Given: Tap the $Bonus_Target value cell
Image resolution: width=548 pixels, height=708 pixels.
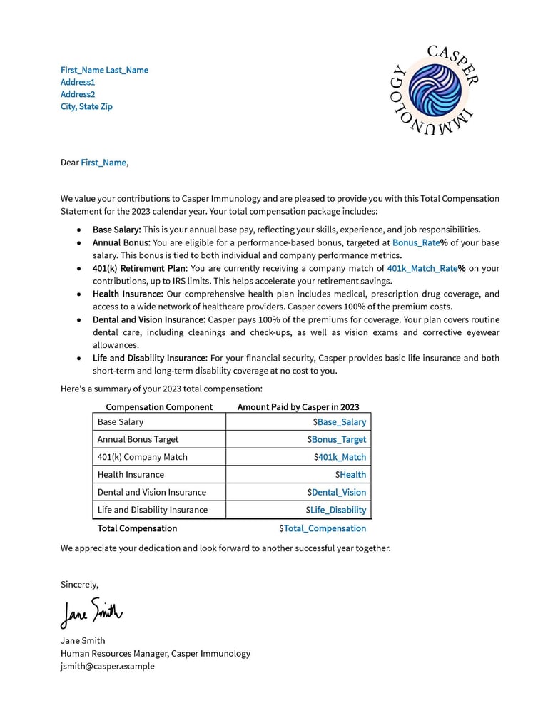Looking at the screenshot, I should [337, 440].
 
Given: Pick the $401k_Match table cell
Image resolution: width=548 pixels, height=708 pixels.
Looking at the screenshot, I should [340, 457].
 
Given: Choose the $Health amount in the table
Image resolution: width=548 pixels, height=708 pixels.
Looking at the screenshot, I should [350, 475].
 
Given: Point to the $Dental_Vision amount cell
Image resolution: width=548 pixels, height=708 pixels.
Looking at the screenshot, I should [337, 493].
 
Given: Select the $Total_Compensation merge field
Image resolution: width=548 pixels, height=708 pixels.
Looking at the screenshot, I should [323, 529].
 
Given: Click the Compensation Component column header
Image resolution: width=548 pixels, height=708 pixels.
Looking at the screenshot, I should [159, 407].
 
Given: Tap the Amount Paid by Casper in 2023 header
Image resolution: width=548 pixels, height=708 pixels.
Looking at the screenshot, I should [298, 407].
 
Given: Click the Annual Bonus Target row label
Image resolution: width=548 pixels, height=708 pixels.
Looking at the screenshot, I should [138, 440].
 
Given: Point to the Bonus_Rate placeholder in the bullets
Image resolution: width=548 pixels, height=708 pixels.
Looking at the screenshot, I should [416, 243].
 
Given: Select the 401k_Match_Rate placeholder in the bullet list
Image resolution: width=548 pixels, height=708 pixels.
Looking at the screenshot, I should [422, 269].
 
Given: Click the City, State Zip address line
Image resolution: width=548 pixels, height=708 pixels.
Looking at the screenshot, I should [86, 107].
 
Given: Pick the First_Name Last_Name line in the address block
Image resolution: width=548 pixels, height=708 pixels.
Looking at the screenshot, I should [104, 70].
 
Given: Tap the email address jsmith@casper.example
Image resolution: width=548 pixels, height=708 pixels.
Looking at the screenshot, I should [107, 667].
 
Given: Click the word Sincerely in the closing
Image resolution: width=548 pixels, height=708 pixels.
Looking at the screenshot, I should [79, 585].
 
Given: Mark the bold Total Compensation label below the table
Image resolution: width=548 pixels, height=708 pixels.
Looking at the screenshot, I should [137, 529].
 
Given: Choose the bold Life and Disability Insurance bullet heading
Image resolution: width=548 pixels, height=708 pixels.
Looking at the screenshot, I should [150, 358].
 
